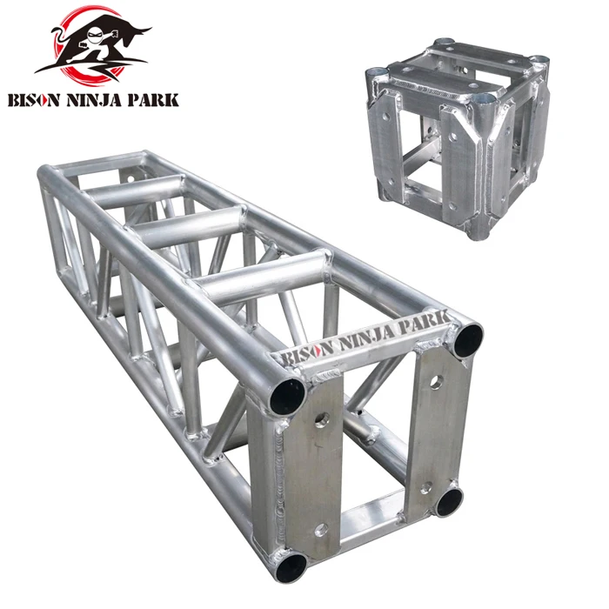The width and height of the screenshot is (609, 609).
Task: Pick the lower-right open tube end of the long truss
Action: (x=450, y=502)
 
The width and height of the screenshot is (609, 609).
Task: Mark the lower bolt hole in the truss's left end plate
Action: (x=321, y=528)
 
